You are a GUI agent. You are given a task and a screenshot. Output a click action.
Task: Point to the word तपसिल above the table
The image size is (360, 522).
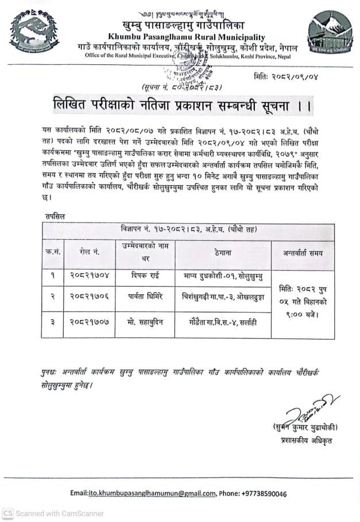point(55,216)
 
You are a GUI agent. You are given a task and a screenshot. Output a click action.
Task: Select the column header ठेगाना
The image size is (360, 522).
point(223,252)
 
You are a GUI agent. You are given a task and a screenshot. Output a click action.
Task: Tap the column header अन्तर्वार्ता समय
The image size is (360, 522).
point(303,252)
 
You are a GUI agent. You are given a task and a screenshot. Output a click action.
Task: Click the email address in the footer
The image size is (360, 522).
point(153,493)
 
